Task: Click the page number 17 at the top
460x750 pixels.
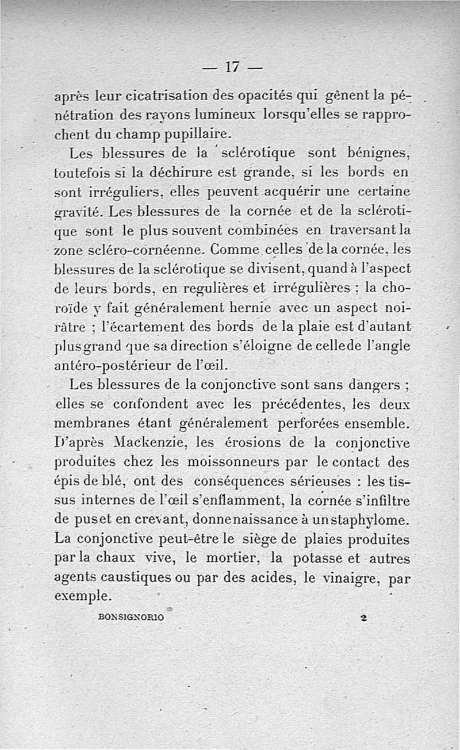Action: pos(232,67)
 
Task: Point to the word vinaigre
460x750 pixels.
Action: pos(347,578)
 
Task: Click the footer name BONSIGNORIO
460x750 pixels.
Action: pos(132,617)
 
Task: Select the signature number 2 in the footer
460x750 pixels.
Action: pos(363,617)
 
